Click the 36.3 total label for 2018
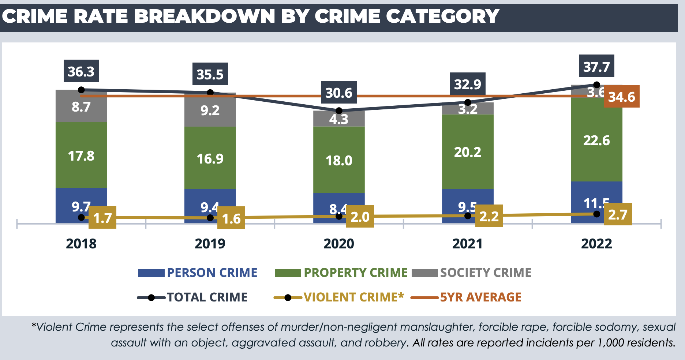pos(81,71)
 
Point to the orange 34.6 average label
pos(621,97)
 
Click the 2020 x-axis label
pos(338,244)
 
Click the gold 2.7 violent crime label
pos(618,214)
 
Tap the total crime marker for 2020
pos(339,110)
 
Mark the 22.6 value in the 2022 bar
pos(596,140)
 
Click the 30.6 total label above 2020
pos(338,93)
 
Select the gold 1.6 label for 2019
pos(231,218)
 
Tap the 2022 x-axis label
pos(596,244)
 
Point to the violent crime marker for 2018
pos(81,218)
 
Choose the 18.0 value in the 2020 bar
pos(339,161)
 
